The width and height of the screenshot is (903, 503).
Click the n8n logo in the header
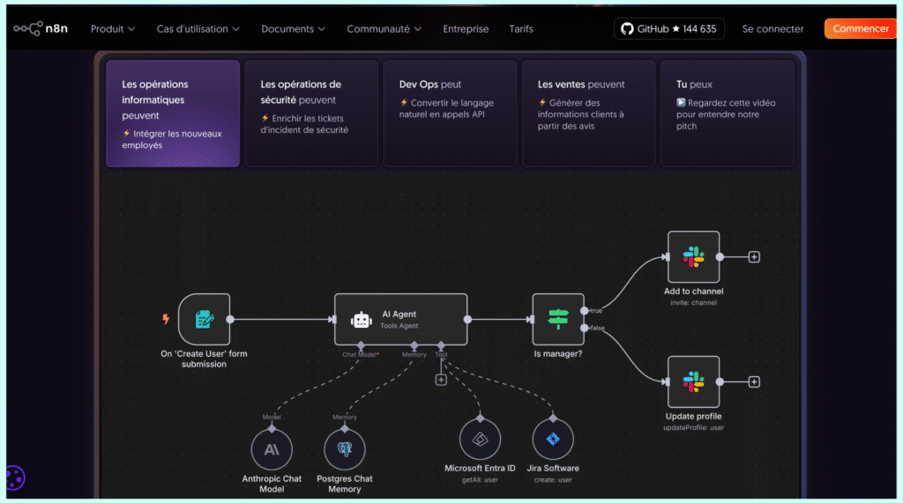[40, 29]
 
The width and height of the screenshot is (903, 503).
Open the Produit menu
[113, 29]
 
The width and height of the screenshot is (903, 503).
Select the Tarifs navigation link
[521, 29]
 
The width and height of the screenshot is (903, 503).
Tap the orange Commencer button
[861, 29]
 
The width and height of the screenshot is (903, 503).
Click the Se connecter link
[772, 29]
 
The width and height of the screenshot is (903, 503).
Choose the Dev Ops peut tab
[450, 113]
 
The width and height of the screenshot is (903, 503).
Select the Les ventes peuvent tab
[588, 113]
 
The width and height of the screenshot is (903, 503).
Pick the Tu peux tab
[727, 113]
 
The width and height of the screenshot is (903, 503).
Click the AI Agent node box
[400, 319]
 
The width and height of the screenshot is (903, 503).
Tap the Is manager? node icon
[558, 319]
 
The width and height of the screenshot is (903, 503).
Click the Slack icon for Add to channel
[693, 257]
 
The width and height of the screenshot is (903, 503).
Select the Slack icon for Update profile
[693, 381]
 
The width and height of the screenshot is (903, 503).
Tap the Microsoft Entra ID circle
[480, 439]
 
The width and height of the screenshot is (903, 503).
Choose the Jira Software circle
[553, 439]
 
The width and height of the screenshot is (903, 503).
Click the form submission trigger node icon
[204, 319]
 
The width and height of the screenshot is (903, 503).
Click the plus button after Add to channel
[754, 257]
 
